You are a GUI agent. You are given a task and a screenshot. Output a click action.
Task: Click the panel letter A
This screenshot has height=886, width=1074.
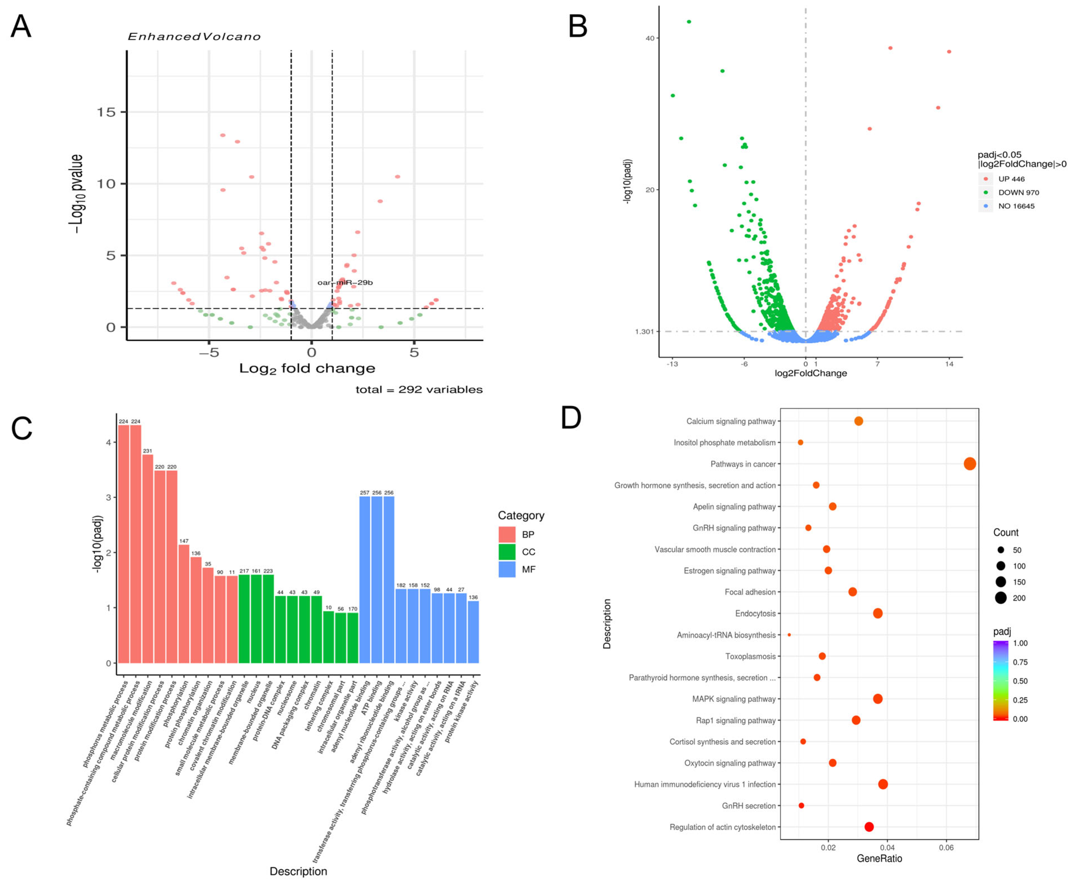(x=21, y=27)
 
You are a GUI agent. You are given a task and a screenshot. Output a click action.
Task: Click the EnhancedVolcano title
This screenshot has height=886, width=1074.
(x=194, y=37)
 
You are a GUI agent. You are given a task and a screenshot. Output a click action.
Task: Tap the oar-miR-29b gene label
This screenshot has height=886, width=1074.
(x=345, y=282)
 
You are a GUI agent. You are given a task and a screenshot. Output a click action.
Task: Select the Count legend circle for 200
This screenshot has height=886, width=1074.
(x=1001, y=598)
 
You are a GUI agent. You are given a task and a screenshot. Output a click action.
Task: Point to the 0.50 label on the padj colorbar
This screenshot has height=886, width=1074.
(x=1020, y=681)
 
